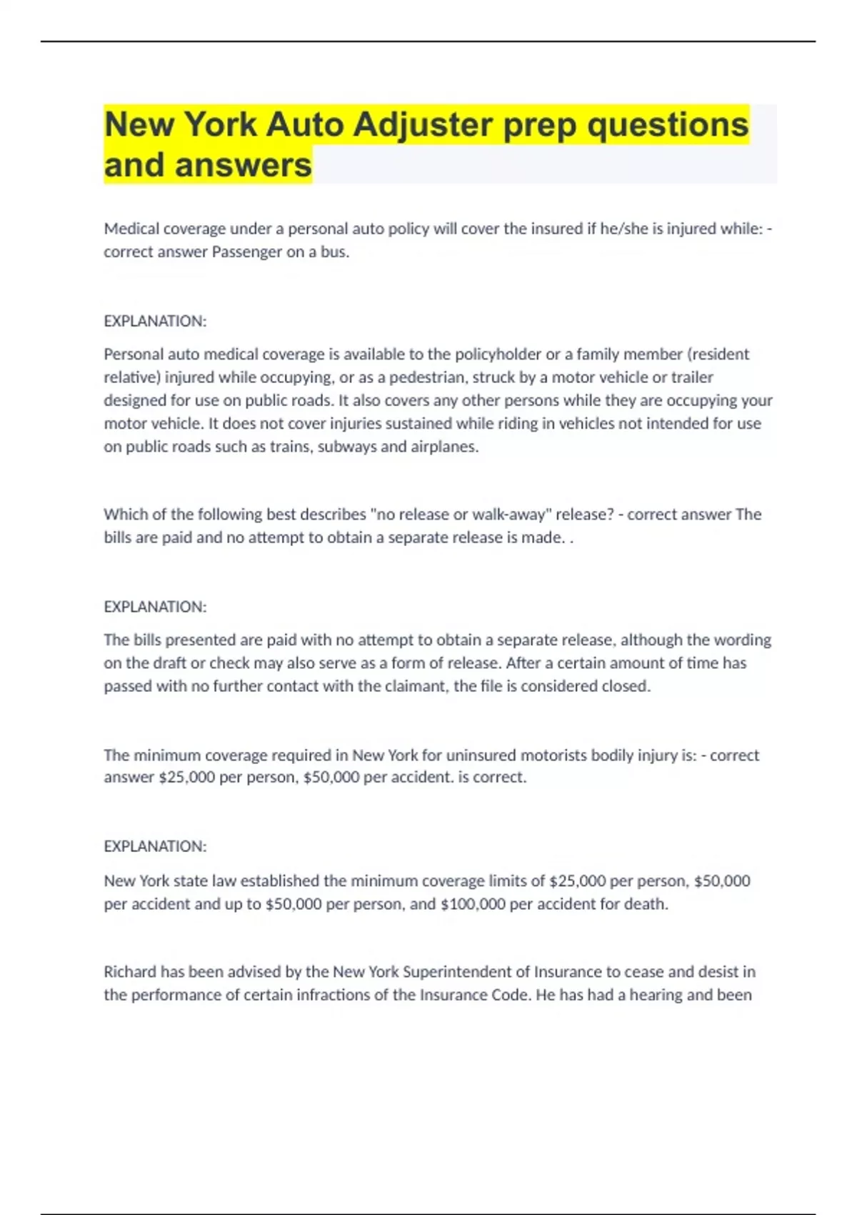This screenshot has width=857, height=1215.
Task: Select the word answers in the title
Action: (243, 165)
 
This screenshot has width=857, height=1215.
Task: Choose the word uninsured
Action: (481, 755)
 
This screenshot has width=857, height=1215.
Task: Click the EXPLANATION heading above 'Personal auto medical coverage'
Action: (155, 322)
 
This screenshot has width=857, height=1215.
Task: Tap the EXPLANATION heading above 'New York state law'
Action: (155, 846)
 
